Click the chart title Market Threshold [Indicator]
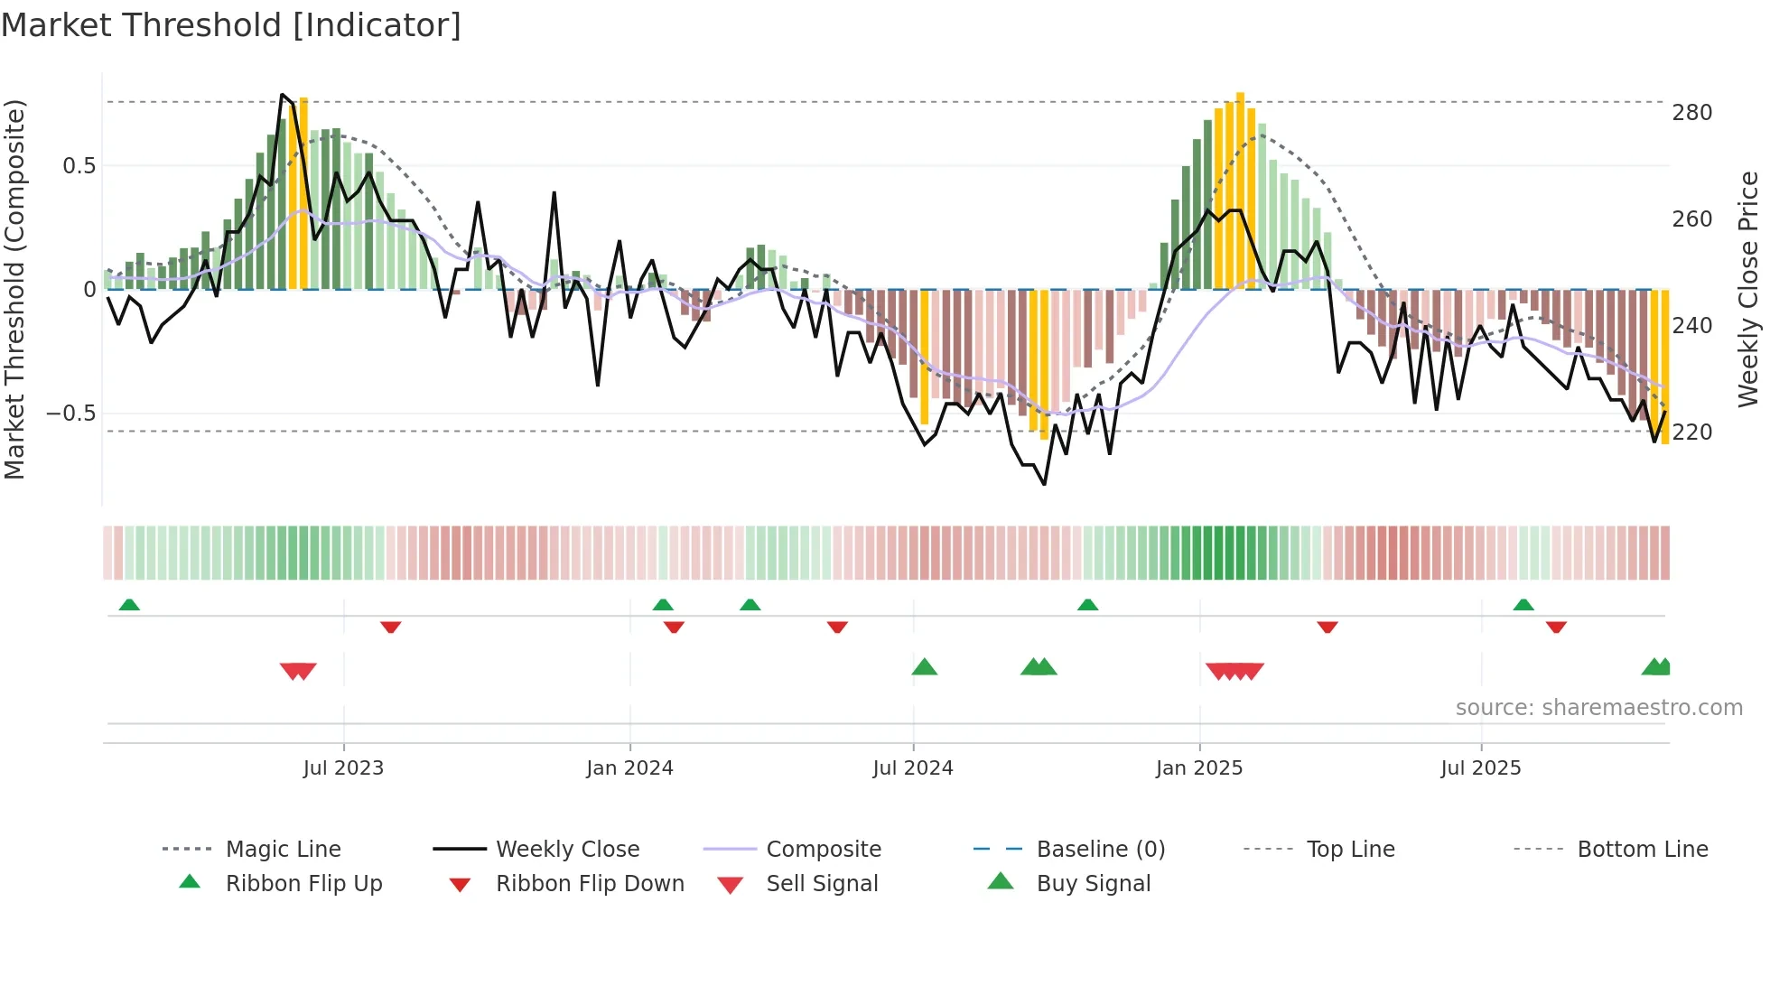pos(231,25)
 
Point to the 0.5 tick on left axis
pos(79,166)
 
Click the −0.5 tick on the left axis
pos(71,414)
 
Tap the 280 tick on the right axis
pos(1691,113)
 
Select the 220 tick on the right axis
pos(1691,432)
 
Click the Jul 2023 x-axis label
pos(343,768)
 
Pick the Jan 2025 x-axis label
pos(1198,768)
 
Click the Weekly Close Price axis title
pos(1748,289)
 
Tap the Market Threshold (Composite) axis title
pos(14,289)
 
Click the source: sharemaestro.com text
pos(1598,708)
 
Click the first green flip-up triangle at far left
pos(129,605)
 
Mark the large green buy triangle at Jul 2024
pos(924,667)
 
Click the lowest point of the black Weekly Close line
pos(1044,484)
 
